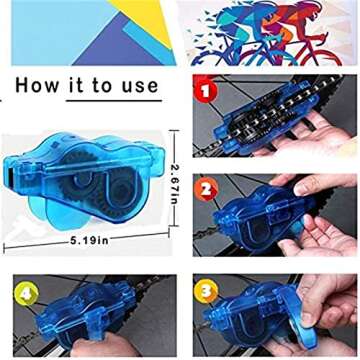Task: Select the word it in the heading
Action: pos(78,85)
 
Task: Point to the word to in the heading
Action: pos(103,85)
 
